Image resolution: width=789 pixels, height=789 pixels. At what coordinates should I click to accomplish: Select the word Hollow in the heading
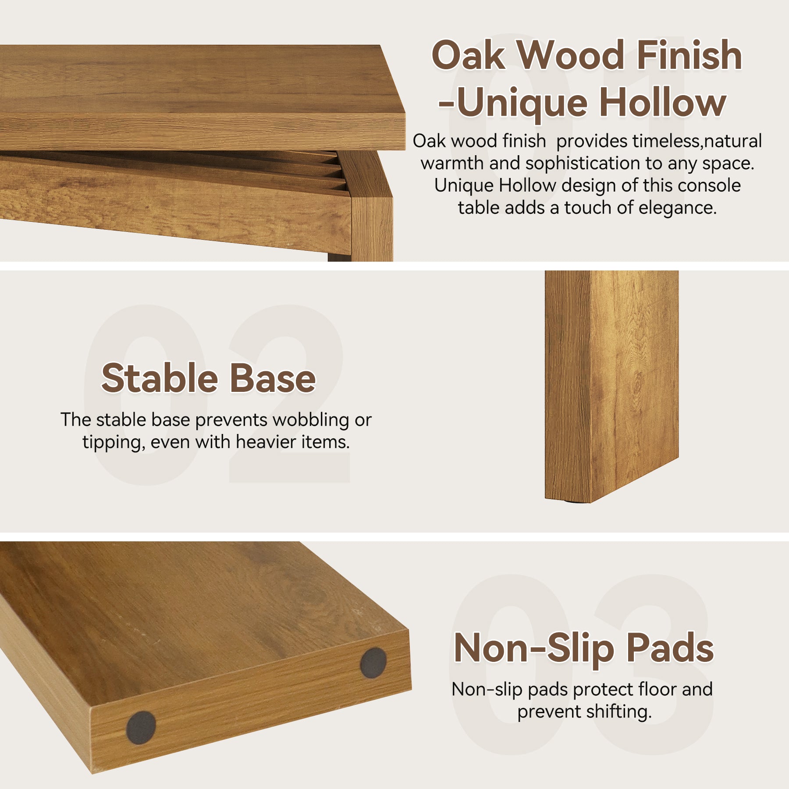(x=663, y=103)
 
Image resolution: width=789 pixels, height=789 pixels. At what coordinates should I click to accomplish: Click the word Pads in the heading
(x=670, y=648)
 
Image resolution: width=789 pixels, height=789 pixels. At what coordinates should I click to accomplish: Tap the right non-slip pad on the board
(x=373, y=663)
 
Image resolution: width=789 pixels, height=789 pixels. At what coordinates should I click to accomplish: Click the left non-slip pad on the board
(x=141, y=728)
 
